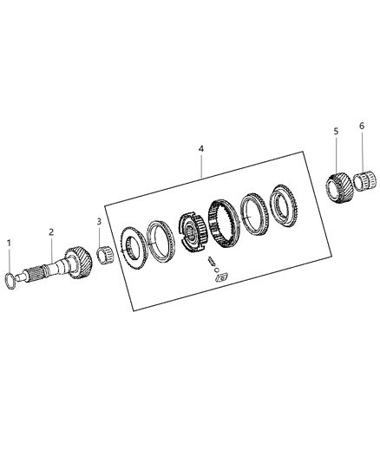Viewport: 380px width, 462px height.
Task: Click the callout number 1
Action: [10, 244]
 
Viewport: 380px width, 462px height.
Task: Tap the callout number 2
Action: [51, 232]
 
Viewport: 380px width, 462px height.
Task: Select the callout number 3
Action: [99, 221]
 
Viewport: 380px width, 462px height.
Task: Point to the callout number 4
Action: [200, 149]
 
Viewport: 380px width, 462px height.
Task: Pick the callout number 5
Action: [337, 131]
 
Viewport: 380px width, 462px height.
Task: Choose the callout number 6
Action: [362, 126]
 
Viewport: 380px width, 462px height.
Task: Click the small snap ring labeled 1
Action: [10, 281]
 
